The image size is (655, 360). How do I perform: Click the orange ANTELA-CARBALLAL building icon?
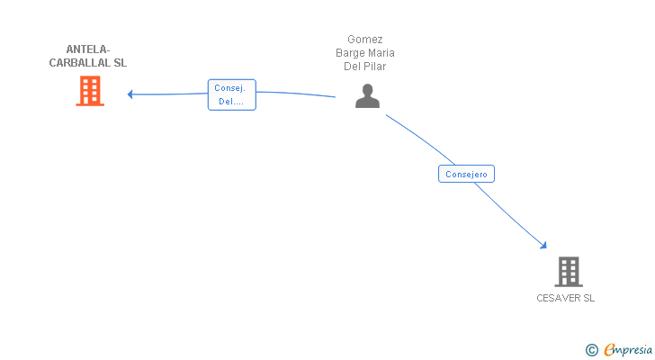pos(89,91)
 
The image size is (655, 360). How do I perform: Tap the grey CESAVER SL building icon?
pos(568,271)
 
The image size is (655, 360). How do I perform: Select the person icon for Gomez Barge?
pos(367,95)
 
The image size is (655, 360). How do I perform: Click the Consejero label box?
pos(467,174)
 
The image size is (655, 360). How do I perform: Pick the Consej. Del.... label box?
pos(232,94)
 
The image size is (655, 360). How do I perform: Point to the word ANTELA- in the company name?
pos(88,49)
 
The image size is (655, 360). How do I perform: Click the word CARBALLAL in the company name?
pos(79,64)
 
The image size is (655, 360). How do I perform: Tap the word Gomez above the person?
pos(365,40)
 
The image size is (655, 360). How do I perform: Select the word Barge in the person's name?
pos(349,53)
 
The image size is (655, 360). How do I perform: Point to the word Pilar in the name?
pos(375,67)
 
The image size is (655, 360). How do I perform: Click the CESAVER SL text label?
pos(566,298)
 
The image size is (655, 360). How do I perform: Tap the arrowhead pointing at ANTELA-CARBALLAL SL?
pos(130,94)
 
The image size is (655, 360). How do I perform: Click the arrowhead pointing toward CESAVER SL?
pos(543,244)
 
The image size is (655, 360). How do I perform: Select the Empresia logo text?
pos(627,349)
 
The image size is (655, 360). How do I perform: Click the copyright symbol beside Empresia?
pos(591,349)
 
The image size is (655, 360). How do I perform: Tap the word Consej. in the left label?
pos(231,88)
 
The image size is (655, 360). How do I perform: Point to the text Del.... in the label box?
pos(231,102)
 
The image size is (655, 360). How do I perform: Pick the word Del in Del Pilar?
pos(353,67)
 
